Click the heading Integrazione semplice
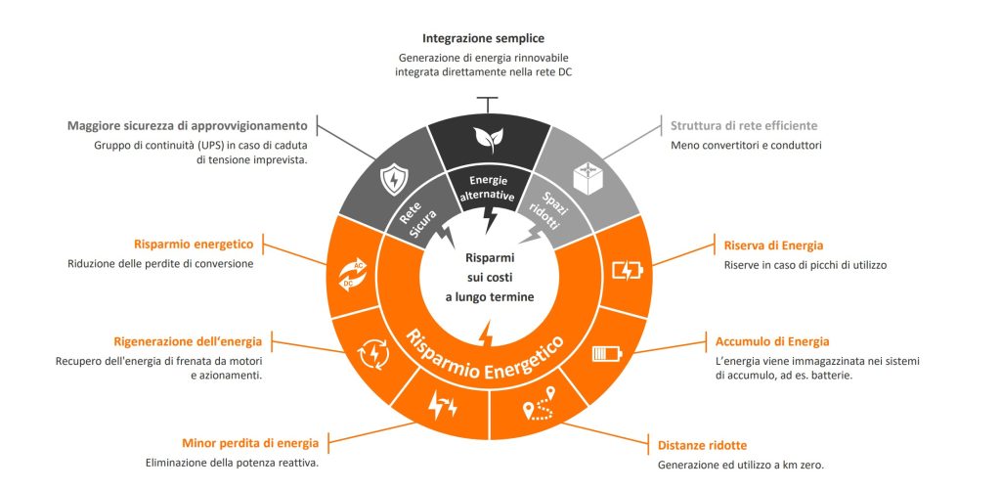(x=483, y=39)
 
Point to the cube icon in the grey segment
(x=588, y=178)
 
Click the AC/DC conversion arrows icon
(x=353, y=275)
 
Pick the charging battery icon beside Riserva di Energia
(x=628, y=271)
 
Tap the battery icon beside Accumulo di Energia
(x=607, y=353)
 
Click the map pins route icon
(x=539, y=403)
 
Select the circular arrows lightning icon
(x=372, y=354)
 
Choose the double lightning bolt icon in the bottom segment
(x=442, y=405)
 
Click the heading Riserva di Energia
(x=773, y=245)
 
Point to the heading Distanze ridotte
(x=702, y=445)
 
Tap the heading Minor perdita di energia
(x=250, y=443)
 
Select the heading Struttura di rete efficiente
(x=744, y=126)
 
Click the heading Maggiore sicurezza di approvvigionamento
(x=188, y=125)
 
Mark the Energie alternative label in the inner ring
(x=488, y=189)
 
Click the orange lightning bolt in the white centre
(x=486, y=333)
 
